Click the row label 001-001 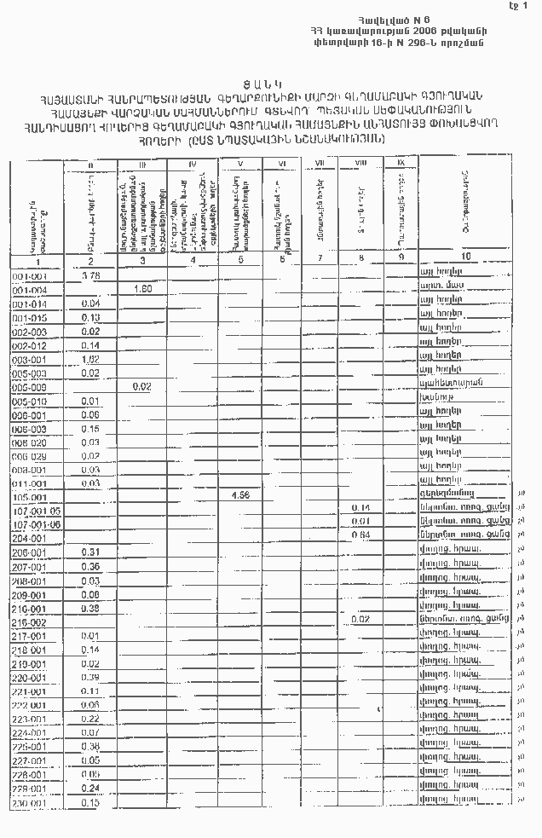(x=30, y=276)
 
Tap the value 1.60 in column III (x=142, y=289)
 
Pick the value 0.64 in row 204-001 (x=361, y=535)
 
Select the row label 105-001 (x=31, y=495)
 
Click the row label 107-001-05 (x=37, y=509)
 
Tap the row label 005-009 (x=30, y=386)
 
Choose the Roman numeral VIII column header (x=361, y=162)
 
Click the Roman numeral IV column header (x=193, y=163)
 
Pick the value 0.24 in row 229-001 (x=89, y=788)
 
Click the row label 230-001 (x=30, y=803)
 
